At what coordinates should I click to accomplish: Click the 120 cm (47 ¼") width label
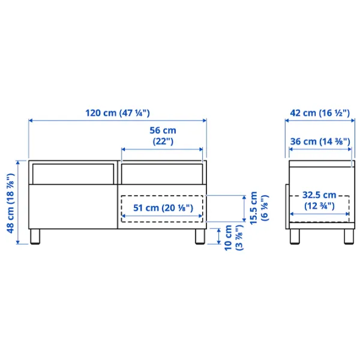(118, 113)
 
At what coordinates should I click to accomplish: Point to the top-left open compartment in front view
(73, 174)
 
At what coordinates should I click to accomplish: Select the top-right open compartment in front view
(161, 174)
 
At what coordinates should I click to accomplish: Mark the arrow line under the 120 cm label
(118, 121)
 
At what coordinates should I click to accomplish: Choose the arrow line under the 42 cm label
(317, 121)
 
